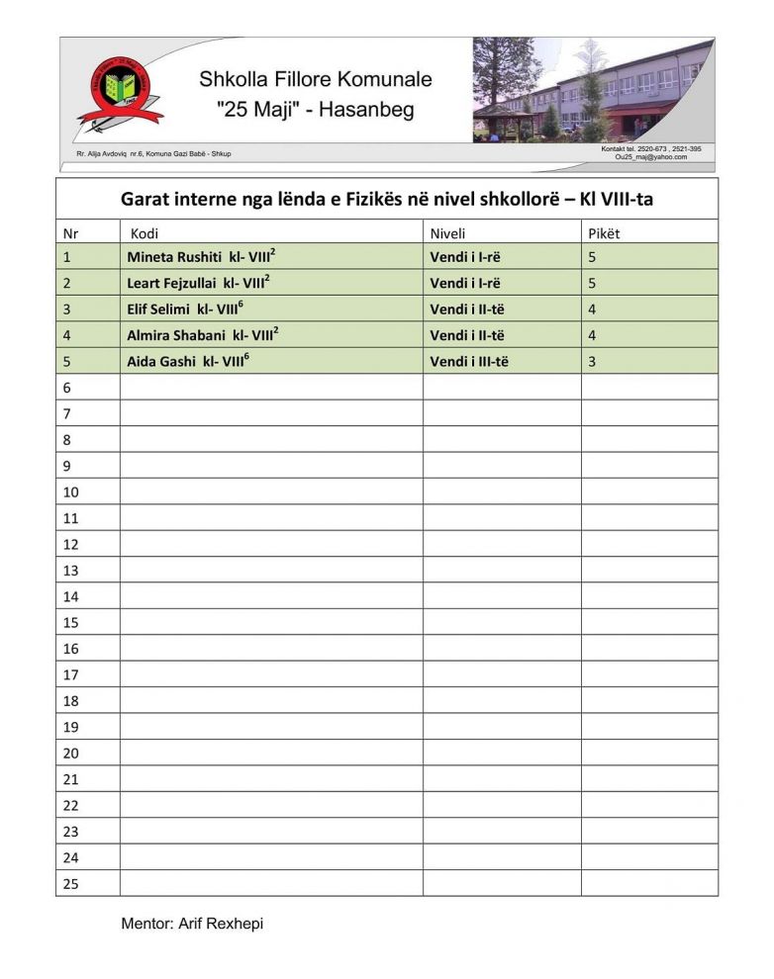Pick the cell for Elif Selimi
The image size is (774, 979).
(163, 309)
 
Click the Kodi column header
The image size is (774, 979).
(145, 233)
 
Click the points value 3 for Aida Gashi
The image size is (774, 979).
(592, 361)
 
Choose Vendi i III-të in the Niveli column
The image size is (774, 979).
(469, 361)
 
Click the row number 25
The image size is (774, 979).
(70, 884)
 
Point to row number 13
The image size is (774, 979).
(70, 571)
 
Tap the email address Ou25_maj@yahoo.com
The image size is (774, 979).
(650, 157)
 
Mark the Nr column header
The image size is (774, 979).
(70, 233)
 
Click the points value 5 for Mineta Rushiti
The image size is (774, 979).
(592, 257)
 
